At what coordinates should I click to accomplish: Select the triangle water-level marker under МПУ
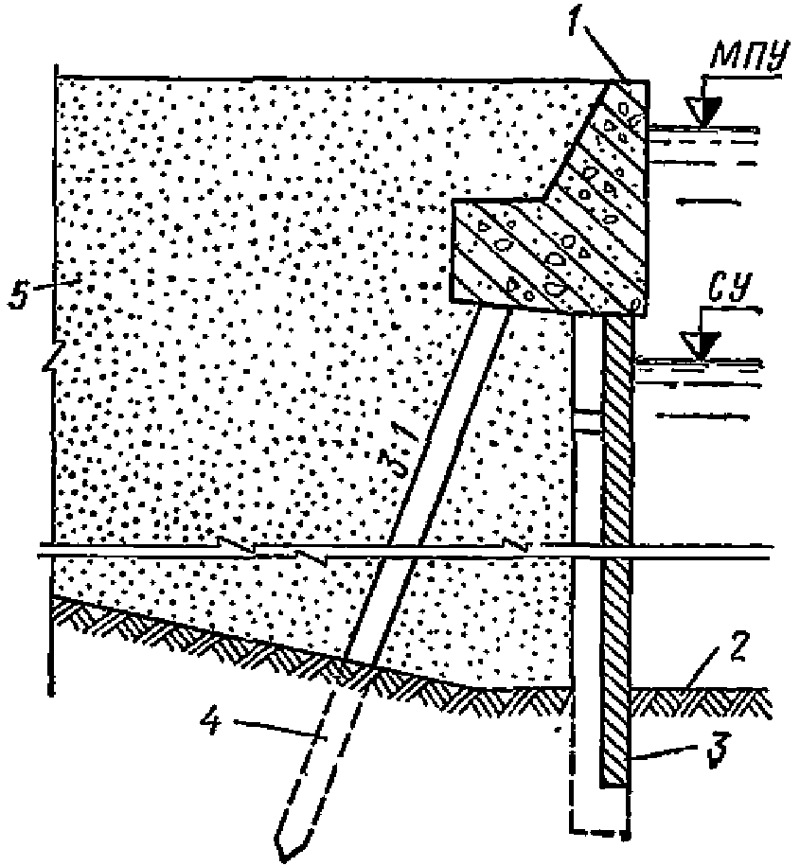pos(702,114)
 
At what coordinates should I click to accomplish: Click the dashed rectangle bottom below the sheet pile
pos(598,834)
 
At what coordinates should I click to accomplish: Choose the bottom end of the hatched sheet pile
pos(614,783)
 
